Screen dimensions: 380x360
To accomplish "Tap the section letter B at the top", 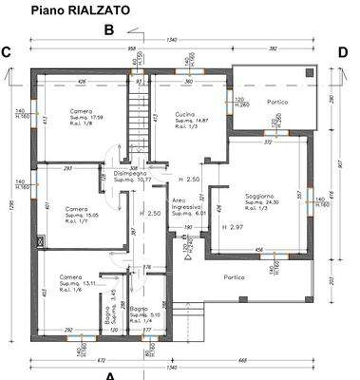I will coord(108,29).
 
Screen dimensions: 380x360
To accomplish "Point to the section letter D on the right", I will coord(343,52).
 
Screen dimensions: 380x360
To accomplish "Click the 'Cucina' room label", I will coord(185,114).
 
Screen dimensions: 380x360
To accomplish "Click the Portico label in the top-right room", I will coord(277,102).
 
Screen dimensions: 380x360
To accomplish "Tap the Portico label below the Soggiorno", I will coord(234,276).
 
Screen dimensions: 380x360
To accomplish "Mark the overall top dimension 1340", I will coord(171,40).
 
